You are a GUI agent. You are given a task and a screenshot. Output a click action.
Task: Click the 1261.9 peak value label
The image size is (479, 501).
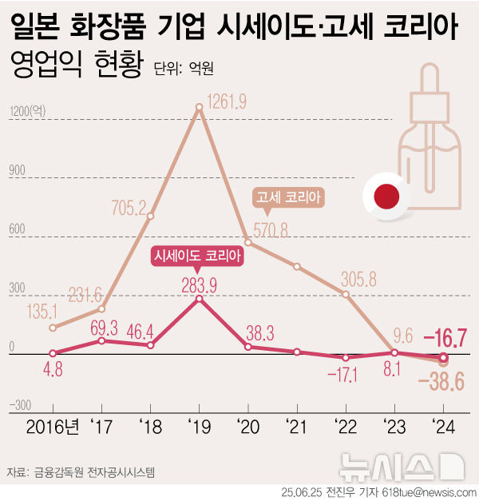click(227, 101)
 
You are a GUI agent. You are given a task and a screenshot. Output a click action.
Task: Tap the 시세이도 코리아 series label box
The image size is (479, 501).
click(197, 256)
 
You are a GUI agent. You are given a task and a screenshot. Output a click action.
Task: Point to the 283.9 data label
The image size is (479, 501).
click(200, 284)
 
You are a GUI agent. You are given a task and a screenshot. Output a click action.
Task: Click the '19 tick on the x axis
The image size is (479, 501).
click(199, 426)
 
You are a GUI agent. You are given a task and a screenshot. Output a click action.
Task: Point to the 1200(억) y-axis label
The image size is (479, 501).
click(27, 112)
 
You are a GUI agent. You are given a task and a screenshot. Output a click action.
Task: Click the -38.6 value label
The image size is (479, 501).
click(441, 384)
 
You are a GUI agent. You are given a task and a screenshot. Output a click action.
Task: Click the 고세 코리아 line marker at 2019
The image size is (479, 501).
click(200, 105)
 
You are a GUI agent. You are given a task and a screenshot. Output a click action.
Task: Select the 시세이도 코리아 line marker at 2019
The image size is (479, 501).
click(200, 298)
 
